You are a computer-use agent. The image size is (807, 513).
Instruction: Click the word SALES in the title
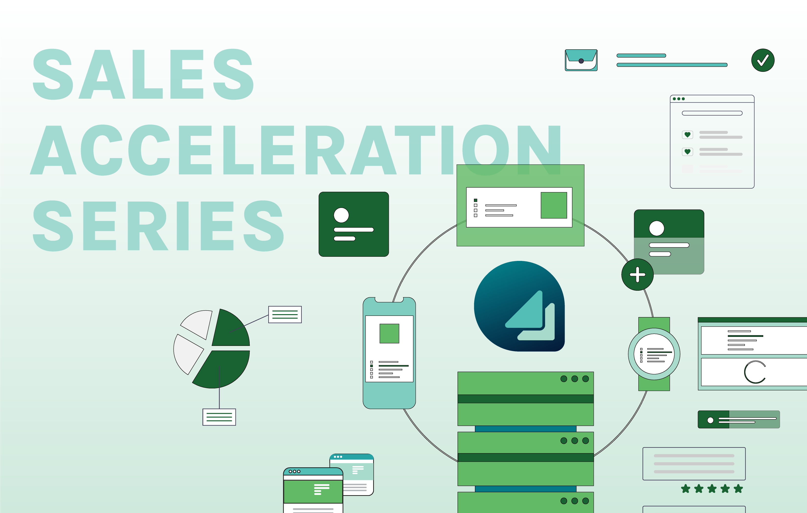(143, 74)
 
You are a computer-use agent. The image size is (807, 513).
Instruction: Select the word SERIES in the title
(158, 226)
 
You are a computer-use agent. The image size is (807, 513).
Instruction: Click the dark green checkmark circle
(763, 60)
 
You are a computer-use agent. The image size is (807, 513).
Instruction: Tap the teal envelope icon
(581, 60)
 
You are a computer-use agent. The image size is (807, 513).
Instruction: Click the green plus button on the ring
(638, 275)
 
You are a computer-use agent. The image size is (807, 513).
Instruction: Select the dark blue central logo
(519, 306)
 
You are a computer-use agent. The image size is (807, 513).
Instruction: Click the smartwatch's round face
(654, 354)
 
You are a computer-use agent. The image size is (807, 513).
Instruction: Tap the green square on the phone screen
(389, 333)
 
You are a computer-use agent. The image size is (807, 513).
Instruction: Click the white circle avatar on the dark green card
(341, 215)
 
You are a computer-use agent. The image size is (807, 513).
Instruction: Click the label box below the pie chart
(219, 417)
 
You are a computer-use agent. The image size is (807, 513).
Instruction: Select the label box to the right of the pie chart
(285, 314)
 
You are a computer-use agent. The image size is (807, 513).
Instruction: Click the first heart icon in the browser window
(687, 135)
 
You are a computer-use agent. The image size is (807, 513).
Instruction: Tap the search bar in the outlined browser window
(712, 113)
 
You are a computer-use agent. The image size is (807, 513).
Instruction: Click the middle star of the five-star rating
(712, 489)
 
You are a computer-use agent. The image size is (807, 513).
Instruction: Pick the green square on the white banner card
(554, 205)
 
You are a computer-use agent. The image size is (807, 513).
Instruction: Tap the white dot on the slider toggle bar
(710, 420)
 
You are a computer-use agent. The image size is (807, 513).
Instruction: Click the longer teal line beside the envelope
(672, 65)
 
